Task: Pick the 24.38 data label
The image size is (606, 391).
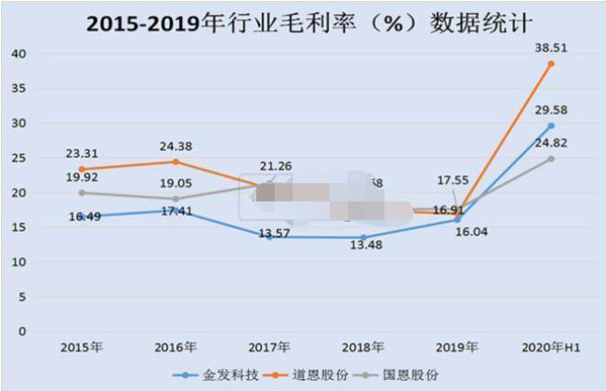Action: pyautogui.click(x=177, y=145)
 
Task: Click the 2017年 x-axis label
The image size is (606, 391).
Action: pyautogui.click(x=269, y=347)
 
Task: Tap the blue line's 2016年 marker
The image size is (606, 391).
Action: pyautogui.click(x=174, y=210)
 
